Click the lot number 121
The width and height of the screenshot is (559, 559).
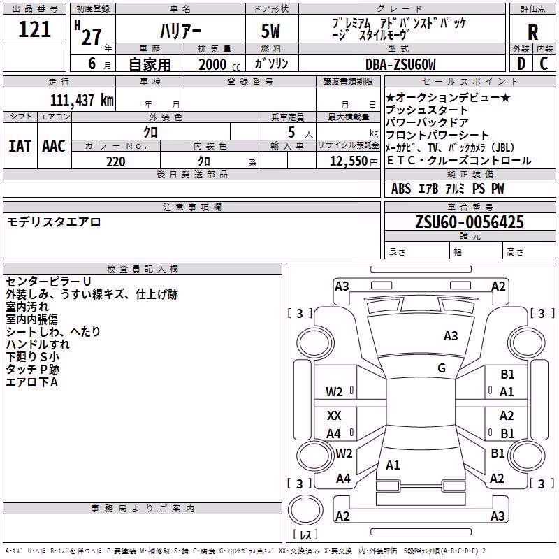(x=34, y=29)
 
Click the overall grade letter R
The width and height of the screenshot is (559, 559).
(x=532, y=32)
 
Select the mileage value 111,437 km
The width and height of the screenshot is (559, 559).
(x=82, y=101)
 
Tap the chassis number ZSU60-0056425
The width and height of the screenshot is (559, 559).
(x=470, y=222)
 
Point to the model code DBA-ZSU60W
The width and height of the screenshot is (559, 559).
(x=400, y=64)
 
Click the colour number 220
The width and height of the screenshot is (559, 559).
(x=116, y=161)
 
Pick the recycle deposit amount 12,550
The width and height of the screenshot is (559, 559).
(x=348, y=161)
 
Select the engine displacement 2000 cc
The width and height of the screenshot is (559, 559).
(x=219, y=64)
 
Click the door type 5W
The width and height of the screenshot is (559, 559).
(x=270, y=31)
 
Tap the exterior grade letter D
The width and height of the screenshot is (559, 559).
(x=521, y=64)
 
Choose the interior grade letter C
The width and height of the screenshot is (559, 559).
(x=544, y=64)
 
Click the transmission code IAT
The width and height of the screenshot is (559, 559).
(x=20, y=146)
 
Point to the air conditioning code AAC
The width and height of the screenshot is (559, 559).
(x=54, y=146)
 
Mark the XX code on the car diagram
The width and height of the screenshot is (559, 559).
(x=334, y=415)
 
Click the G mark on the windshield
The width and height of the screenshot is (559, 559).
(x=442, y=368)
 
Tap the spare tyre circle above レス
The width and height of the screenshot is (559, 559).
(x=305, y=509)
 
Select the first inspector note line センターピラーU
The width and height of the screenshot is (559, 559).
(x=48, y=282)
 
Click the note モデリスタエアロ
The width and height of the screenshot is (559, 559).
(x=54, y=222)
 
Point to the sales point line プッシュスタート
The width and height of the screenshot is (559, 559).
(x=427, y=110)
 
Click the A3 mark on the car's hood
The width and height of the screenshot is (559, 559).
(x=451, y=336)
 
